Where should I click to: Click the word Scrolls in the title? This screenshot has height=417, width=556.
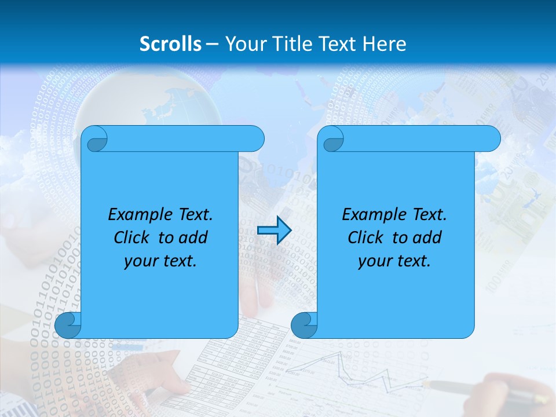[171, 44]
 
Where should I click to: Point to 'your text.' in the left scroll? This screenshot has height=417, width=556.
[160, 261]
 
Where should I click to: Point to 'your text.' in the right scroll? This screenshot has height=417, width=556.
[394, 261]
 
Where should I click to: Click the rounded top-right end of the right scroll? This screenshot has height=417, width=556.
[490, 139]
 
